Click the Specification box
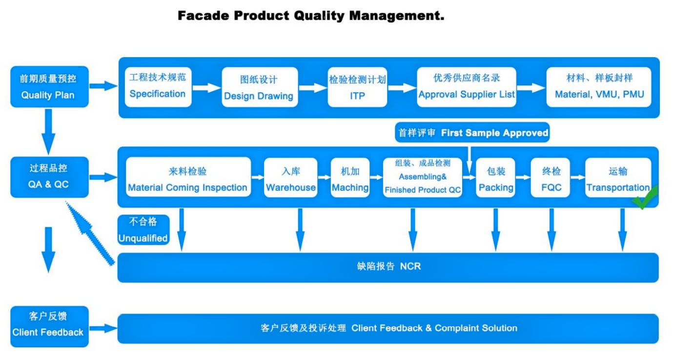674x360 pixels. [x=158, y=87]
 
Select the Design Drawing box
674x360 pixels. [x=260, y=87]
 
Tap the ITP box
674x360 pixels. [x=357, y=87]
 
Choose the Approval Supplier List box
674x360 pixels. [x=467, y=87]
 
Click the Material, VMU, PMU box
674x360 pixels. [x=599, y=87]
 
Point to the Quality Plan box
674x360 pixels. [x=49, y=87]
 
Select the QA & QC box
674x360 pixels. [x=49, y=177]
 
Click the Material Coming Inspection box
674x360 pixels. [x=188, y=177]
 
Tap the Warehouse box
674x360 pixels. [x=291, y=177]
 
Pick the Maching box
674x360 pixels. [x=350, y=177]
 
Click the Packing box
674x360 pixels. [x=495, y=177]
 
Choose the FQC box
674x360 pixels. [x=551, y=177]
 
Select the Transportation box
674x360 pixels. [x=618, y=177]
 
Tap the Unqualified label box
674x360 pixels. [x=143, y=230]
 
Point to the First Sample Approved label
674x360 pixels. [x=472, y=132]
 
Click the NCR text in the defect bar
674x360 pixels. [x=410, y=266]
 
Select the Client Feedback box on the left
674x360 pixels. [x=49, y=327]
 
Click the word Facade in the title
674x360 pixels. [x=204, y=16]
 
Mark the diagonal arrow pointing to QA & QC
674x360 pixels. [x=90, y=233]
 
